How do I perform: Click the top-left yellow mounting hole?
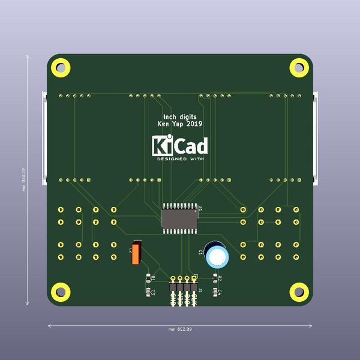click(60, 67)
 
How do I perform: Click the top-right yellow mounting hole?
click(298, 67)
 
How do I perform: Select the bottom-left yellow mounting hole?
click(60, 292)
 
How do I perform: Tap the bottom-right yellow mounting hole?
click(298, 292)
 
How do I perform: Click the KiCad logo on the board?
click(179, 146)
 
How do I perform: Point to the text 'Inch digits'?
click(180, 116)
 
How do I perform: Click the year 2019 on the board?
click(194, 124)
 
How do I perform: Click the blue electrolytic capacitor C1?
click(216, 255)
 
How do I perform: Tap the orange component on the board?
click(136, 253)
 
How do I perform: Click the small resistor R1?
click(149, 278)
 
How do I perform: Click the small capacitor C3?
click(149, 292)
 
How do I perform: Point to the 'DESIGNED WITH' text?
click(179, 160)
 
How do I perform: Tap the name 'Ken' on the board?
click(163, 124)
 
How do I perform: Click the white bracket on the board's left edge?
click(43, 138)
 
